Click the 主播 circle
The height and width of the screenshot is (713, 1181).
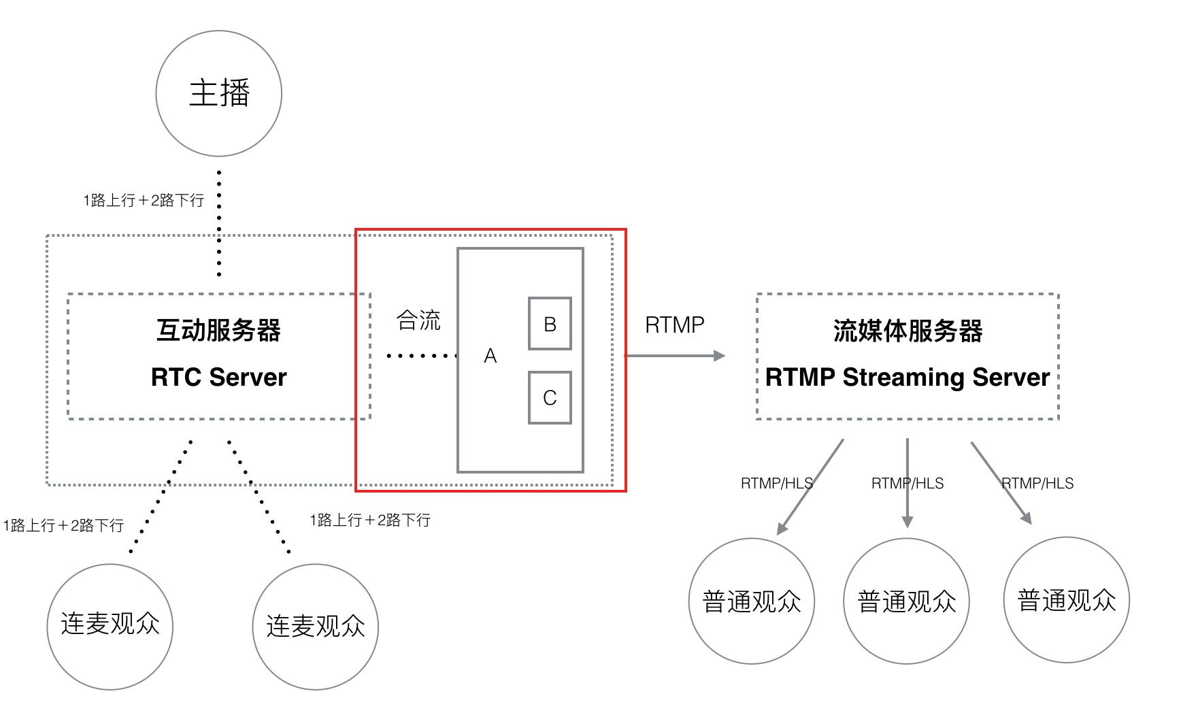(x=218, y=93)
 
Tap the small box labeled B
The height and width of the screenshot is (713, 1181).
(x=550, y=324)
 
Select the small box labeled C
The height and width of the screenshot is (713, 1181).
(x=550, y=398)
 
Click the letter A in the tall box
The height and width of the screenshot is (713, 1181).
(x=490, y=356)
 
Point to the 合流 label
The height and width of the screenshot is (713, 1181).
(x=418, y=320)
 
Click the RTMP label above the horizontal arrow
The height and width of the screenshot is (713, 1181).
(x=674, y=325)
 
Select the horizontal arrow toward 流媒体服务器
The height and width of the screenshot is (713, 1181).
(x=674, y=356)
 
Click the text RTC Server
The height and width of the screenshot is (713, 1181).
(x=218, y=377)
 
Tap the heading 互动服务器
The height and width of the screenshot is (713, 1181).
(x=218, y=331)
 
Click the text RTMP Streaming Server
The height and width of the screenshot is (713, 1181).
(x=908, y=377)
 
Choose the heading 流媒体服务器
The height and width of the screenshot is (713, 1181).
(x=908, y=331)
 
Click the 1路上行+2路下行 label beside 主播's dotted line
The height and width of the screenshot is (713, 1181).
(x=144, y=200)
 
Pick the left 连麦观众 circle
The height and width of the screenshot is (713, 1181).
(x=110, y=627)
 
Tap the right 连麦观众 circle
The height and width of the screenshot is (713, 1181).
(x=315, y=627)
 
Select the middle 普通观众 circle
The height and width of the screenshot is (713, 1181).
(x=906, y=601)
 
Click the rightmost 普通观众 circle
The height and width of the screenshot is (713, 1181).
(x=1066, y=600)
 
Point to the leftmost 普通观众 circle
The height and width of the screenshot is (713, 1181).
(x=751, y=601)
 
